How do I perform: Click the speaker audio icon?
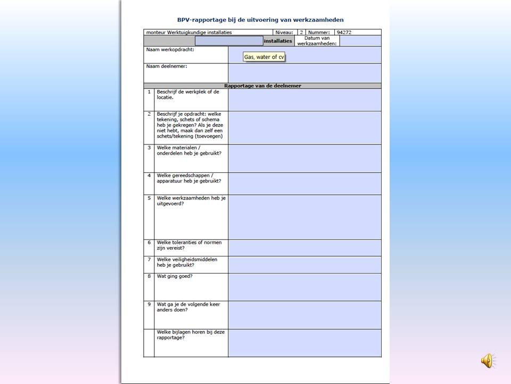(487, 361)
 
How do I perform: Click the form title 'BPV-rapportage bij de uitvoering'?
(260, 20)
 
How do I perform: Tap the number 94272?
(344, 32)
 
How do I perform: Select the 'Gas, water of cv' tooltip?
(264, 57)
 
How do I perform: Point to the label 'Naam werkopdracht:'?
(170, 50)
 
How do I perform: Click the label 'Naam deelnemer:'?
(167, 67)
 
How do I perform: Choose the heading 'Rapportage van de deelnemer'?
(262, 85)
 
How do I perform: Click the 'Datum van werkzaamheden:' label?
(317, 41)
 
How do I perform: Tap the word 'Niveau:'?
(284, 32)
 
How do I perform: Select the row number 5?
(149, 198)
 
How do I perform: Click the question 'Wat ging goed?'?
(175, 276)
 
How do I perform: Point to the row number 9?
(149, 304)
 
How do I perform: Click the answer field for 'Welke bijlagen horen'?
(304, 343)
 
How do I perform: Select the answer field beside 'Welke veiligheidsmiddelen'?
(304, 265)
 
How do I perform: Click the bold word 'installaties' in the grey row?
(278, 41)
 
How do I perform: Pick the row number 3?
(149, 147)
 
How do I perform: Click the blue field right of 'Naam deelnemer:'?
(304, 73)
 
